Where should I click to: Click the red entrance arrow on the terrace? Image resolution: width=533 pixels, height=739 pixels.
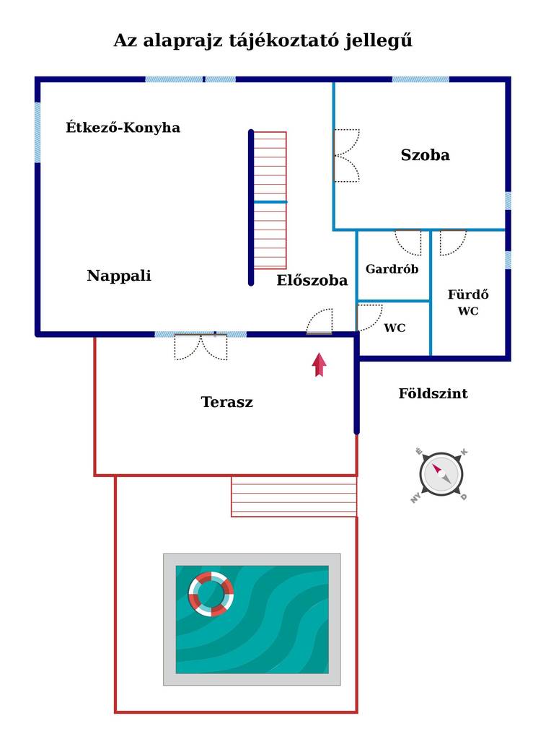tap(320, 364)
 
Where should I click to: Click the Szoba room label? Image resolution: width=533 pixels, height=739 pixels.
tap(426, 154)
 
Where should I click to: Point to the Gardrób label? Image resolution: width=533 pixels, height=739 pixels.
tap(392, 268)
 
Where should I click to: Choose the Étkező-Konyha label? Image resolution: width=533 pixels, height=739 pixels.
tap(123, 127)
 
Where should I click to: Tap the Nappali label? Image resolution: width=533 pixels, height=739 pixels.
tap(119, 275)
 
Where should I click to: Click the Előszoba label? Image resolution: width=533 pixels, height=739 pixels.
tap(312, 280)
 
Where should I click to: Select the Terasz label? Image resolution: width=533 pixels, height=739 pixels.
tap(227, 401)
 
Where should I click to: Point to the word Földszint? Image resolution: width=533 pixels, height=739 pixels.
tap(433, 393)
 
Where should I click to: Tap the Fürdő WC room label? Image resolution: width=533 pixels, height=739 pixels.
tap(468, 302)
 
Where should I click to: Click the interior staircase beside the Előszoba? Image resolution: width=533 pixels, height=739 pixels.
tap(270, 201)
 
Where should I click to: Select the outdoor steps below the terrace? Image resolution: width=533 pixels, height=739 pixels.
tap(294, 497)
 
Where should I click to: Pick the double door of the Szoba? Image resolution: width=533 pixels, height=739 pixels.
tap(346, 156)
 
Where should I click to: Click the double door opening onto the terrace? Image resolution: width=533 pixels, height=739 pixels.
tap(201, 347)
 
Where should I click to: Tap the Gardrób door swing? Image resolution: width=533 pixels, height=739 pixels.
tap(408, 242)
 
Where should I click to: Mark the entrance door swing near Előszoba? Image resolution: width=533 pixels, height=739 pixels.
tap(320, 322)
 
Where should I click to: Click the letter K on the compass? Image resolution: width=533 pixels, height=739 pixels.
tap(464, 452)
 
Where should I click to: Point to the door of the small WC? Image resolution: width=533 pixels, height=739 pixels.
tap(369, 318)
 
